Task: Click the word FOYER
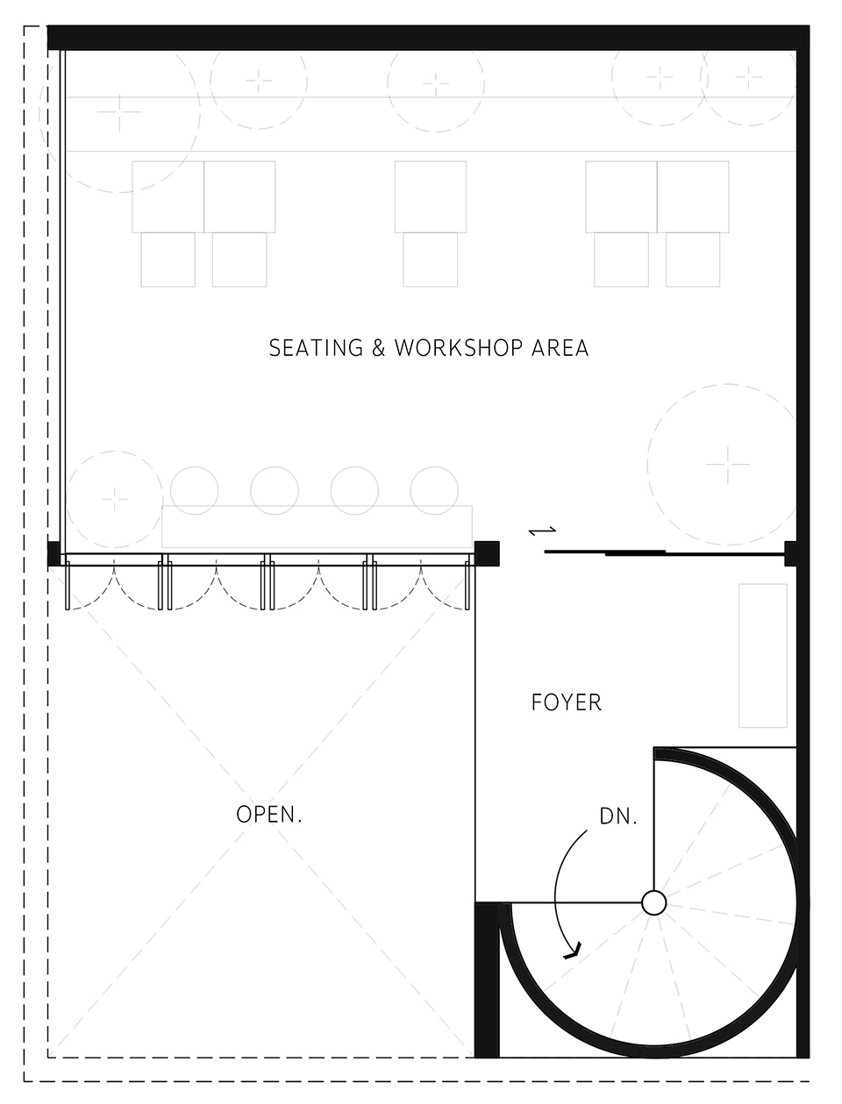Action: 567,702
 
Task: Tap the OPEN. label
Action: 269,815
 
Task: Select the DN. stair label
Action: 618,816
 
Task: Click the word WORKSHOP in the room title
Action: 459,348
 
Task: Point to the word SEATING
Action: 316,348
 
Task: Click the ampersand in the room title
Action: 378,348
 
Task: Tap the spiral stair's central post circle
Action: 654,903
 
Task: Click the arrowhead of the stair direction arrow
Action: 574,950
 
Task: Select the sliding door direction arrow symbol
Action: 542,531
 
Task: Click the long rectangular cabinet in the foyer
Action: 762,655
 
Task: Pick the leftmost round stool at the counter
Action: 194,490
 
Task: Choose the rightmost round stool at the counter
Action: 434,490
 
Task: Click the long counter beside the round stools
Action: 317,526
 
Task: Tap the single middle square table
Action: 431,196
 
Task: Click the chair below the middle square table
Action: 431,260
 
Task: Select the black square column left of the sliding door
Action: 487,553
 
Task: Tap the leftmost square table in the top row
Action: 168,196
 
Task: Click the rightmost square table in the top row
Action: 693,196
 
